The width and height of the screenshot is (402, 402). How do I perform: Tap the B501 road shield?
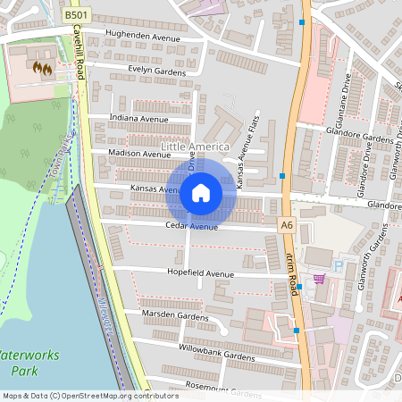point(77,15)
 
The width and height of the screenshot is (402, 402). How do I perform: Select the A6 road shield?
point(286,226)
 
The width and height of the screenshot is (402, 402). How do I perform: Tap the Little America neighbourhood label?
point(195,146)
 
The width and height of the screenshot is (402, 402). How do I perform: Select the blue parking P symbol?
point(338,265)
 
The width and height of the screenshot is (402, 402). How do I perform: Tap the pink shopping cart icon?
point(319,280)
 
